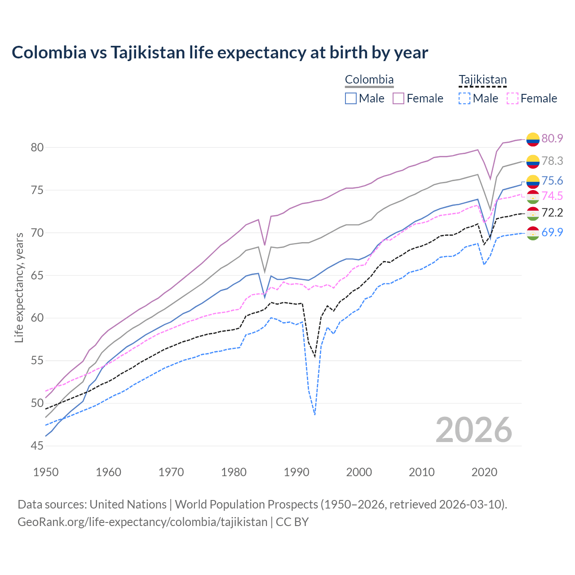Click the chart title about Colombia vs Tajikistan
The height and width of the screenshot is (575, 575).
coord(220,53)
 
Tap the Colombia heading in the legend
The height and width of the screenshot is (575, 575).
coord(369,80)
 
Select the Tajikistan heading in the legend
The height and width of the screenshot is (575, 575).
coord(482,80)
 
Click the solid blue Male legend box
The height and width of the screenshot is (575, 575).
coord(351,98)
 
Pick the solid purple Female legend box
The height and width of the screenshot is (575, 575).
coord(398,98)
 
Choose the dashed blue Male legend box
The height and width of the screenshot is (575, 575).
coord(464,98)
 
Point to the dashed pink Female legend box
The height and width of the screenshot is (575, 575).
coord(512,98)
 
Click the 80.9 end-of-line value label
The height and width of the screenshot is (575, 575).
coord(552,138)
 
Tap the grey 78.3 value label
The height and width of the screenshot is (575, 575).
coord(552,161)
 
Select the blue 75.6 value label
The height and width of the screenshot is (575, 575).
coord(552,181)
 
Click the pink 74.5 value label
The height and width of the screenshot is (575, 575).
coord(552,196)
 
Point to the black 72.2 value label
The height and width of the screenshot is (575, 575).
coord(552,212)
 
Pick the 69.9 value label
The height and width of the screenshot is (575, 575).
coord(552,232)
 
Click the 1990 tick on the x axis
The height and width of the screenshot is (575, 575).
coord(296,472)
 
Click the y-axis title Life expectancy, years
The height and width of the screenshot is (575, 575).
coord(19,287)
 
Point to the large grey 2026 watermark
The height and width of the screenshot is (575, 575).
coord(474,430)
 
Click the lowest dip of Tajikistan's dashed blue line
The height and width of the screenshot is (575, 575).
coord(315,414)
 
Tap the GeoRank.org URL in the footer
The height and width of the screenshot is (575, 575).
coord(142,522)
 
